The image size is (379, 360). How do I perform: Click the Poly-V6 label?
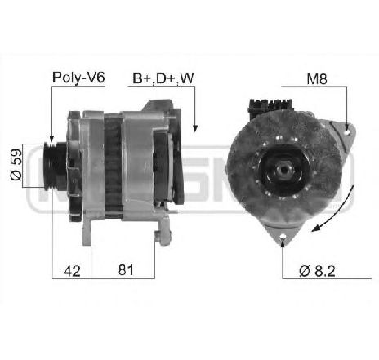click(x=78, y=78)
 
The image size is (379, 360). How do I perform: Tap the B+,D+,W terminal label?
click(x=163, y=78)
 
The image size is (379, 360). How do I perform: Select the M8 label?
click(x=317, y=79)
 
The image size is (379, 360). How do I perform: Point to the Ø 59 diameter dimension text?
click(x=16, y=165)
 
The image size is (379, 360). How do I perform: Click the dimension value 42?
click(x=72, y=271)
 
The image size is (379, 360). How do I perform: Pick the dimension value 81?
click(x=126, y=270)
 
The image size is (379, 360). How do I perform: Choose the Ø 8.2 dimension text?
click(x=317, y=271)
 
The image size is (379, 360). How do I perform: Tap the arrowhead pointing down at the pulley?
click(x=51, y=139)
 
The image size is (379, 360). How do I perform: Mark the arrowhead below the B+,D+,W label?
click(x=195, y=128)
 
